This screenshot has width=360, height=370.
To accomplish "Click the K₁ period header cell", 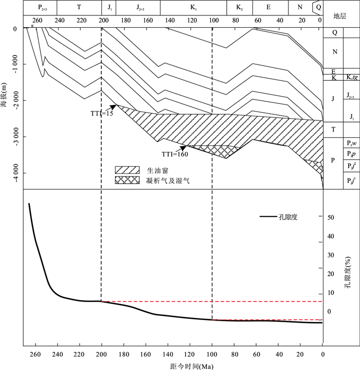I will pyautogui.click(x=193, y=8).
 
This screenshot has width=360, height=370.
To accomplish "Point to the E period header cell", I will pyautogui.click(x=269, y=8).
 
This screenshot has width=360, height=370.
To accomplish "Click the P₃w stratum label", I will pyautogui.click(x=352, y=143).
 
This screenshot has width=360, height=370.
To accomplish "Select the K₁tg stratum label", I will pyautogui.click(x=352, y=78).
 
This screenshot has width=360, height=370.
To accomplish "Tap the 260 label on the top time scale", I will pyautogui.click(x=37, y=21).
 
